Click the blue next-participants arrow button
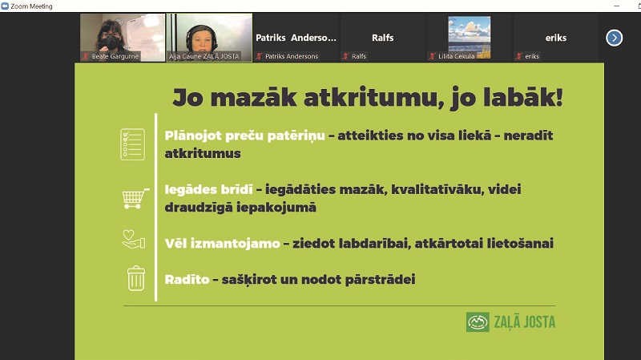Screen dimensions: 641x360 614,38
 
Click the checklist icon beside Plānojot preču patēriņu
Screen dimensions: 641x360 133,144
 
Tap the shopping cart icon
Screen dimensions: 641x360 135,198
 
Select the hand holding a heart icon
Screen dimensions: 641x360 134,239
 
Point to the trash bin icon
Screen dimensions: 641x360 136,278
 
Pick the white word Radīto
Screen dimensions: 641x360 187,279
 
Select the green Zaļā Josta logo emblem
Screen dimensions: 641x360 478,322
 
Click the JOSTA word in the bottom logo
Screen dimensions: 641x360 539,322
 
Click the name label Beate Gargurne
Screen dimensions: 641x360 115,56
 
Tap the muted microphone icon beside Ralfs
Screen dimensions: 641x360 346,56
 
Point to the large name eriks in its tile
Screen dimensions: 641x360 555,38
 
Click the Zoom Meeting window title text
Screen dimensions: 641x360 31,6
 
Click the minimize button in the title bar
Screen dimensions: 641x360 617,6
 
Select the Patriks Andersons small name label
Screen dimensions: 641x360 292,56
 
